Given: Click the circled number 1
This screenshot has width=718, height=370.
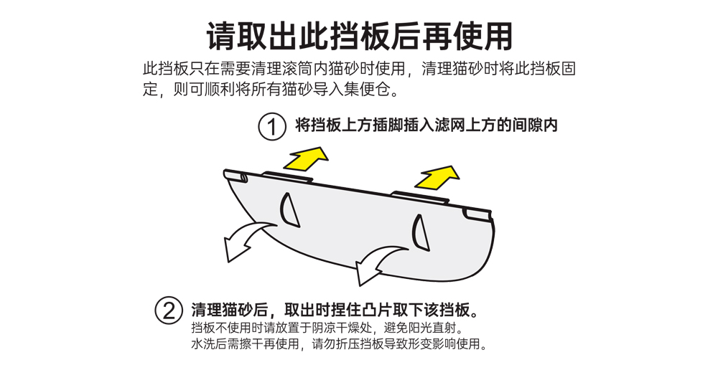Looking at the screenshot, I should click(x=271, y=128).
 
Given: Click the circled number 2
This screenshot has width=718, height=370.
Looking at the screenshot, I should click(x=169, y=311).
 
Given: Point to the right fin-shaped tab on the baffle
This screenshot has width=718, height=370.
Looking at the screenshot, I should click(x=419, y=232).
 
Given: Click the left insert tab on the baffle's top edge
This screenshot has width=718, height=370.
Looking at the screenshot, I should click(x=287, y=176).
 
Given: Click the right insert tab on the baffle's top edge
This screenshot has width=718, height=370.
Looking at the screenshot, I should click(x=420, y=196).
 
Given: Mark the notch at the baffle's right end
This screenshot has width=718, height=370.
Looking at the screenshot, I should click(x=477, y=213).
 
